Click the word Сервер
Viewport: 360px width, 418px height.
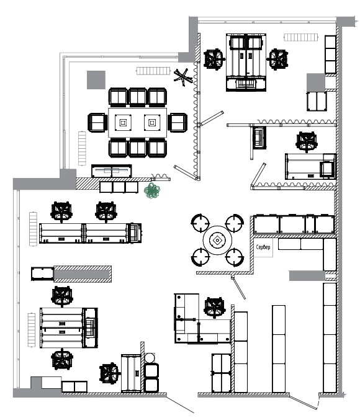click(263, 247)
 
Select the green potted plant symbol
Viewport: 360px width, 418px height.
click(152, 190)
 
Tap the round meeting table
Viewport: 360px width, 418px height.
click(217, 241)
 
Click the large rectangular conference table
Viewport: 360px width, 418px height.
click(137, 123)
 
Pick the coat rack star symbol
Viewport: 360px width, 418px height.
click(183, 78)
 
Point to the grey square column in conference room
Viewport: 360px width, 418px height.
click(96, 80)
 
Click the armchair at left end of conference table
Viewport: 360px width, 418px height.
click(97, 123)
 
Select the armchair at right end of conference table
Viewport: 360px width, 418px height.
click(178, 123)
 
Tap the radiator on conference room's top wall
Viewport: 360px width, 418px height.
click(153, 71)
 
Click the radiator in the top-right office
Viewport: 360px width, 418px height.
click(301, 37)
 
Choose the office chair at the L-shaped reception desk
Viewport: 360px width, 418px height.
click(214, 308)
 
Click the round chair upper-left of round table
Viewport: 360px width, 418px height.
click(200, 223)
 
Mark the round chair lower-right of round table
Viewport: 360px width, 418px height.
click(235, 257)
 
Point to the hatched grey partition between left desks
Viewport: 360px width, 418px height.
click(83, 274)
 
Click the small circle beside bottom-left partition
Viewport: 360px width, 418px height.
click(150, 358)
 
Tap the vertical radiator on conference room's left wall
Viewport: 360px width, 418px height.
click(82, 148)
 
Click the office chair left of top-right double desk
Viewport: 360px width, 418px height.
click(214, 59)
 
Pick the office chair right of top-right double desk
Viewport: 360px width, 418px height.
click(278, 59)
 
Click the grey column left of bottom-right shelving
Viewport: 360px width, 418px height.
click(307, 275)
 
